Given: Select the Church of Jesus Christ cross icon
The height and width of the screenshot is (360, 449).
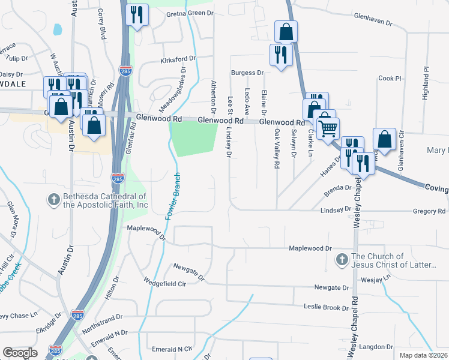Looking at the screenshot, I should (342, 260).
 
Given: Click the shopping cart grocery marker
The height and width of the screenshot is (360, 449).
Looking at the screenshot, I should (328, 127).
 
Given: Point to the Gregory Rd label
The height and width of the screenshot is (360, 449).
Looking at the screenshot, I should (429, 211).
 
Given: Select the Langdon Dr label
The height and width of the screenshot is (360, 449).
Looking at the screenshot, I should (378, 347).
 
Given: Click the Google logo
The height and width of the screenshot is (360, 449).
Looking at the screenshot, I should (20, 353).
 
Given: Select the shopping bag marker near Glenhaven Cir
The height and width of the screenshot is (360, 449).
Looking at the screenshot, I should (384, 140).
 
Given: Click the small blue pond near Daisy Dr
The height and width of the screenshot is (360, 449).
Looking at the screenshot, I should (57, 29).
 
